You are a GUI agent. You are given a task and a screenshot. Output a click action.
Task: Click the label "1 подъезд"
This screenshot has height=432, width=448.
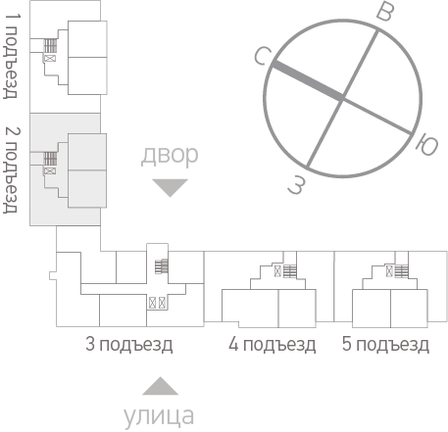[x=12, y=56]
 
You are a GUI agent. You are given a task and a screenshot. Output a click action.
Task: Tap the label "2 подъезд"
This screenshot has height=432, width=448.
[x=12, y=169]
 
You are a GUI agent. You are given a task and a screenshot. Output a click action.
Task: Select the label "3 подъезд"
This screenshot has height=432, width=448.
[x=129, y=345]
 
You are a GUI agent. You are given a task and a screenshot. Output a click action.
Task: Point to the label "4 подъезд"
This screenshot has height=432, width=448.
[x=273, y=345]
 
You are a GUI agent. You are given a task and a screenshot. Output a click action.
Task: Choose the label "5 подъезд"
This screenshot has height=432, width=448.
[x=385, y=345]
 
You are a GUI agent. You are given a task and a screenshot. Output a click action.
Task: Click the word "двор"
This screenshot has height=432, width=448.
[x=170, y=156]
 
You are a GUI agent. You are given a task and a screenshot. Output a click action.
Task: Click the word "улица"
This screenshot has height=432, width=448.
[x=159, y=417]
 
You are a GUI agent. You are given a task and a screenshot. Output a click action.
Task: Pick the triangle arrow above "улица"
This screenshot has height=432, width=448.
[x=161, y=386]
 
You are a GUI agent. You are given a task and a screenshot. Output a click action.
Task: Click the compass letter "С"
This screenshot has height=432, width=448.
[x=263, y=56]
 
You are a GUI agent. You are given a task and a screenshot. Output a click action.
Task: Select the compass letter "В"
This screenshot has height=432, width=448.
[x=385, y=13]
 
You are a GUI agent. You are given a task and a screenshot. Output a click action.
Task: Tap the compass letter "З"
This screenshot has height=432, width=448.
[x=297, y=185]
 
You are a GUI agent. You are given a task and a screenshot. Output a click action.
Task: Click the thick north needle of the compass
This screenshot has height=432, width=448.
[x=308, y=80]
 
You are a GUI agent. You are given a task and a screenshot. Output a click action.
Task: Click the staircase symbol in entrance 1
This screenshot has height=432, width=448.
[x=50, y=46]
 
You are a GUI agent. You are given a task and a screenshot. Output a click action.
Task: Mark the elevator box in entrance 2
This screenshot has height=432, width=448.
[x=50, y=170]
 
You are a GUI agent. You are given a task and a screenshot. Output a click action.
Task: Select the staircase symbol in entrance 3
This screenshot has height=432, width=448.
[x=162, y=266]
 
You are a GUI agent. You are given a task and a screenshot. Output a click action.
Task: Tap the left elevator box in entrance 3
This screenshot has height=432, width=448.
[x=152, y=303]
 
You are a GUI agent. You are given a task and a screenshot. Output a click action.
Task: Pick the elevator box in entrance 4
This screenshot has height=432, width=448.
[x=277, y=271]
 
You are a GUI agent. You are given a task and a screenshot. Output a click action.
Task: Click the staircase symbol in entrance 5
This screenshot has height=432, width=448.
[x=402, y=271]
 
